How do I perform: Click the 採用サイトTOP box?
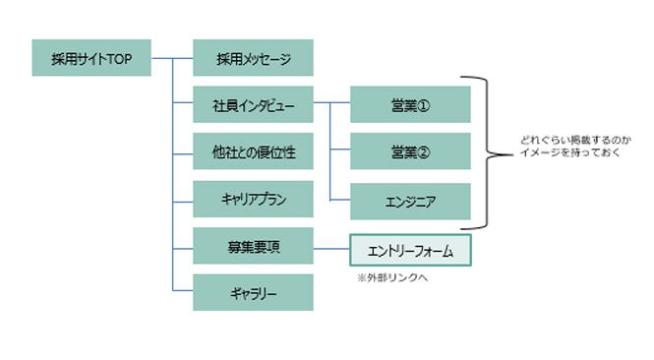click(91, 58)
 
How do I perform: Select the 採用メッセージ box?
click(254, 58)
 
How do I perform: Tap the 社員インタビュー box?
click(254, 105)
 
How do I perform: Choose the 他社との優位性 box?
click(254, 151)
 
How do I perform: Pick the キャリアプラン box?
click(254, 200)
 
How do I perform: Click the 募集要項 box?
click(254, 246)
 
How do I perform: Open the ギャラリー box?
click(254, 293)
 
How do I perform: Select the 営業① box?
click(411, 105)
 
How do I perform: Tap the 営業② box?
click(411, 152)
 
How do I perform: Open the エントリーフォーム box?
click(411, 251)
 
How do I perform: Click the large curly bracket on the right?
click(489, 152)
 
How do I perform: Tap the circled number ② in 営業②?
click(425, 153)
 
